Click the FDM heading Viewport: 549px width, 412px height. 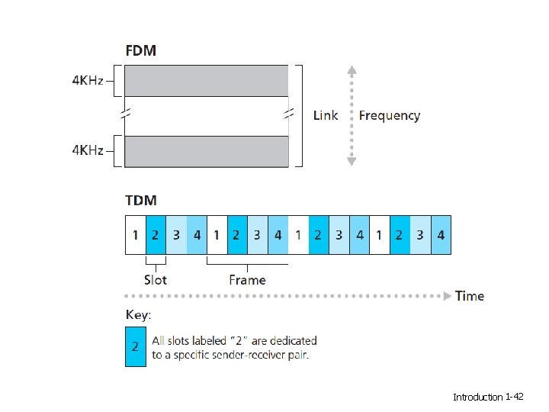(x=142, y=50)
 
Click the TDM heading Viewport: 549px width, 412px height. (x=142, y=201)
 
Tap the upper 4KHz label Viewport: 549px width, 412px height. (x=88, y=81)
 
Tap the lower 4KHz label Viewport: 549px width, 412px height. (x=88, y=151)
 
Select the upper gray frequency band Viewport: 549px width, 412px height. (x=206, y=81)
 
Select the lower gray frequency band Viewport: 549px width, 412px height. (x=206, y=151)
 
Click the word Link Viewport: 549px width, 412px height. (x=326, y=115)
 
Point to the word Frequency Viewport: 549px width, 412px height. (x=389, y=115)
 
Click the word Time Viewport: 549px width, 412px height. (x=470, y=296)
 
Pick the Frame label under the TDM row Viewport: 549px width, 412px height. (x=247, y=280)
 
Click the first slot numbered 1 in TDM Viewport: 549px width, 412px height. (x=134, y=235)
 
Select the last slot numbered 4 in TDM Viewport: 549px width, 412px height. (x=441, y=235)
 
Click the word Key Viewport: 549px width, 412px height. (x=137, y=314)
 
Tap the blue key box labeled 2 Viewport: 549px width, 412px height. (x=135, y=346)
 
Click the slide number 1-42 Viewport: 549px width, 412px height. (x=514, y=397)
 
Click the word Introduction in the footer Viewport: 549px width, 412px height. (x=478, y=397)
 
